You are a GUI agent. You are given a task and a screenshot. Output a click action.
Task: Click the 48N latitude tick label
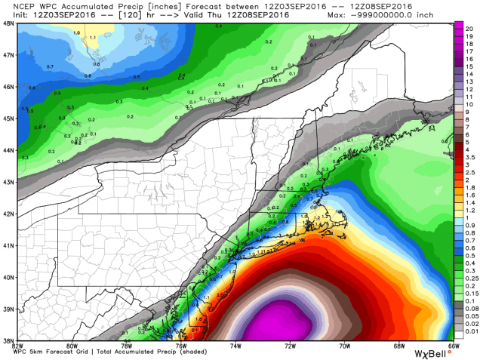[8, 23]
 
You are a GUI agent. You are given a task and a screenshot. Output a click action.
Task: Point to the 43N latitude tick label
[8, 182]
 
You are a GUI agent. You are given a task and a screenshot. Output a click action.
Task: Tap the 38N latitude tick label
[8, 340]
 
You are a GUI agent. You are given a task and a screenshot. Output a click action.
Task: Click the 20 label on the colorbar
[469, 26]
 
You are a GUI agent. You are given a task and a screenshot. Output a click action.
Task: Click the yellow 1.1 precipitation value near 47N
[92, 36]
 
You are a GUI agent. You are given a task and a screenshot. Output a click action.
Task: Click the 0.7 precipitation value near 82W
[29, 68]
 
